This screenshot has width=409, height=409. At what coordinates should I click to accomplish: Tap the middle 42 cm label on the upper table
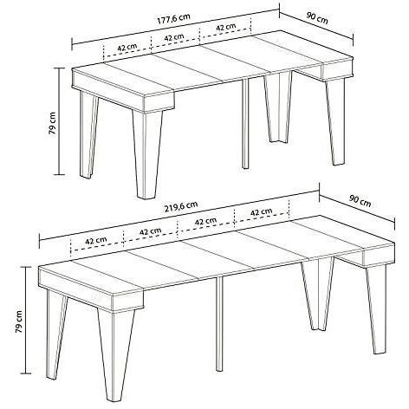click(173, 37)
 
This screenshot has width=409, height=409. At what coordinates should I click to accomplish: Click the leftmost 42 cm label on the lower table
click(95, 240)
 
